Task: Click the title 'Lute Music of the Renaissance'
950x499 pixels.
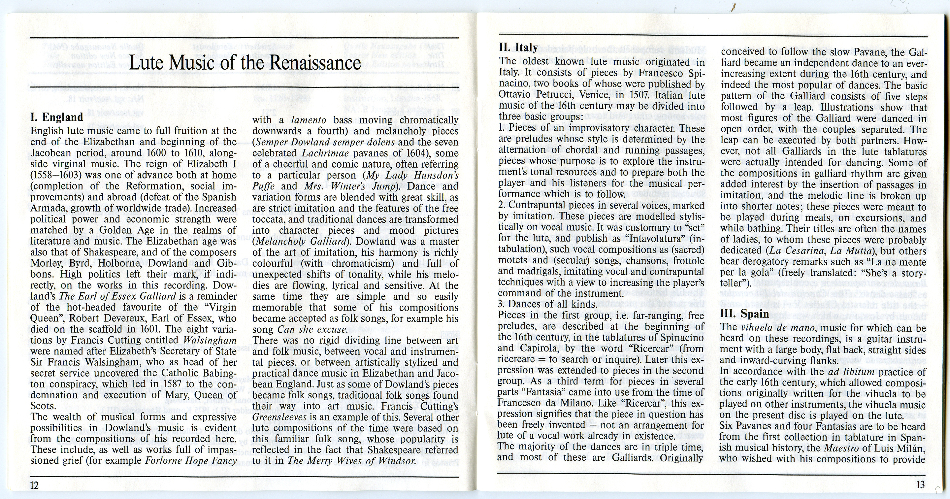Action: (x=245, y=63)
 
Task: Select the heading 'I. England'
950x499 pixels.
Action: (x=56, y=117)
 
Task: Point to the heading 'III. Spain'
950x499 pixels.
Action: (x=744, y=314)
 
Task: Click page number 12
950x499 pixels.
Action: (x=34, y=484)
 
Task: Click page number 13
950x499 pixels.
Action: (x=920, y=484)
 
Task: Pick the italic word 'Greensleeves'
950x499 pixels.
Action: (x=279, y=417)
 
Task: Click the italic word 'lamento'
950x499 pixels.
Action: (x=308, y=120)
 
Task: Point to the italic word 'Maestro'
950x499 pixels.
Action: (x=840, y=448)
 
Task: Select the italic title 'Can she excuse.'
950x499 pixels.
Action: (x=313, y=329)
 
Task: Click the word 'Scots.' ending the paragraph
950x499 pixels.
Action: (x=44, y=406)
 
